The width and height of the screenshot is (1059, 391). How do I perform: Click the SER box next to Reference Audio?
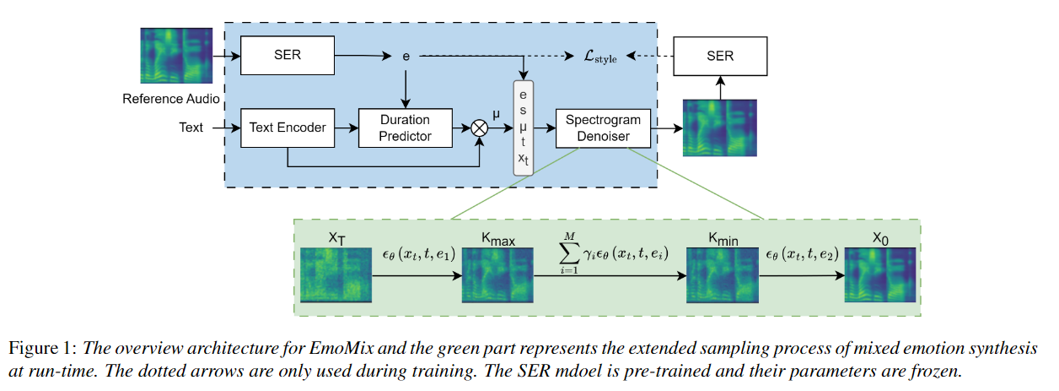[x=288, y=56]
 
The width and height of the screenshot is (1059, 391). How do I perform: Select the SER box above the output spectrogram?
[x=719, y=56]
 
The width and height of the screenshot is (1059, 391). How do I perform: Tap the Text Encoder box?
[x=288, y=128]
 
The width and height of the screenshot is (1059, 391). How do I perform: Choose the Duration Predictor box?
[x=406, y=128]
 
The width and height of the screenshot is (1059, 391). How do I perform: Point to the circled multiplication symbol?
[x=480, y=128]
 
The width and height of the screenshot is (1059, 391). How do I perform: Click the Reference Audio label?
[x=171, y=99]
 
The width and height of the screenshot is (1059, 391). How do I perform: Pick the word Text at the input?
[x=191, y=128]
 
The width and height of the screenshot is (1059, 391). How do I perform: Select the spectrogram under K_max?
[x=498, y=274]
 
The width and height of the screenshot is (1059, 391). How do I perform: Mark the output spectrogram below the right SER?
[x=719, y=128]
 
